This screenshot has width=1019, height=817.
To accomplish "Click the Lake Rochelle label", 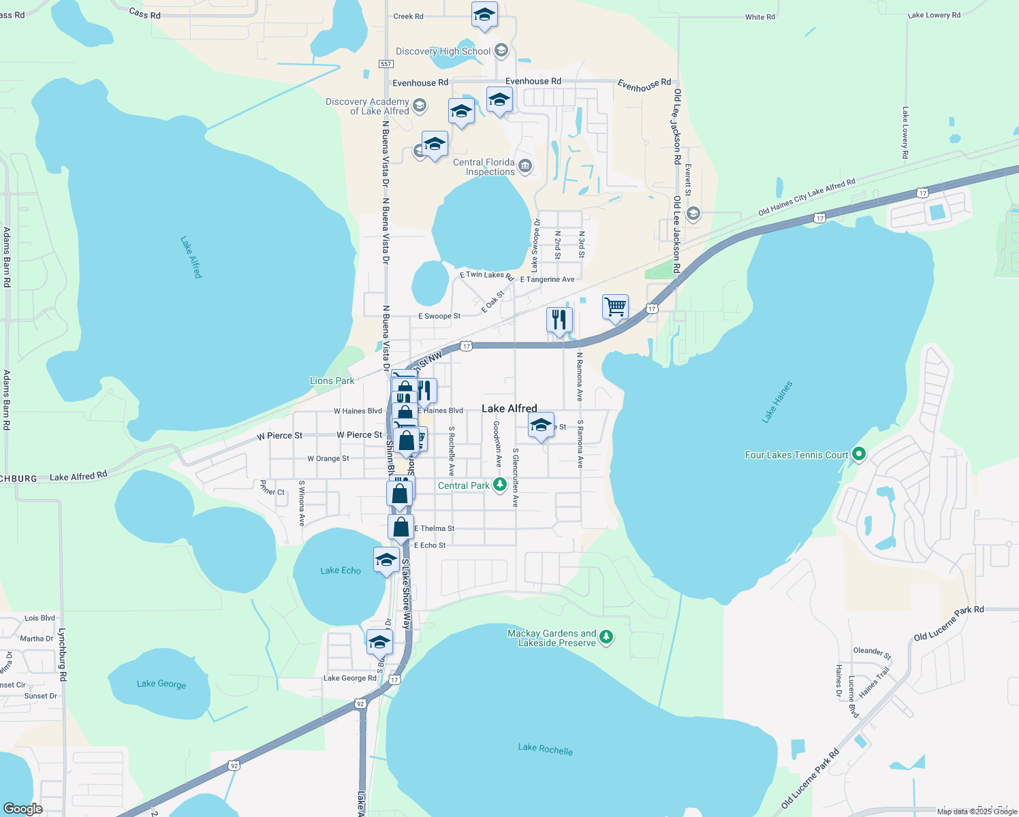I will (x=545, y=749).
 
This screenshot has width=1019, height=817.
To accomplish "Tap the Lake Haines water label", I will (x=777, y=402).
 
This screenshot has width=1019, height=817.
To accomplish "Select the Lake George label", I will (x=161, y=684).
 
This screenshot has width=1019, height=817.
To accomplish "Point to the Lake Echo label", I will (x=341, y=571).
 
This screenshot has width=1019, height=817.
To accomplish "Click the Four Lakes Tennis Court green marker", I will (x=859, y=454).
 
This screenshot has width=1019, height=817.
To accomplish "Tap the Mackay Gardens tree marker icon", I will (x=606, y=637).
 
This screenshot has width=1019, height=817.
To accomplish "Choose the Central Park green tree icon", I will (x=499, y=485).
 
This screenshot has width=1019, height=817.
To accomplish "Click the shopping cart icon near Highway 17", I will (x=615, y=307).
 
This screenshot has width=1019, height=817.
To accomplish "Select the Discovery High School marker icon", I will (x=501, y=50).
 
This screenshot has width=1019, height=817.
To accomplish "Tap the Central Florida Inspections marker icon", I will (x=524, y=166).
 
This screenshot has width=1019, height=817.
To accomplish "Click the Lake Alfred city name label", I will (x=509, y=408).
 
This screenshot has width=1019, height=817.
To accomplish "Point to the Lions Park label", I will (x=332, y=381).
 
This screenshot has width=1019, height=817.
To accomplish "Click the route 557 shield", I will (x=386, y=64).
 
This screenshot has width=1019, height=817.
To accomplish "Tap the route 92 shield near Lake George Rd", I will (x=360, y=703).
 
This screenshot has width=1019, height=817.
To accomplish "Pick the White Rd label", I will (x=759, y=17).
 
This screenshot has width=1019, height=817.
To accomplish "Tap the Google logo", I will (x=23, y=809).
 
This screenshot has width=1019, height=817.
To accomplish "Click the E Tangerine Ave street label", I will (x=547, y=279).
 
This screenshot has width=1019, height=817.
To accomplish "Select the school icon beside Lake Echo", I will (x=386, y=560).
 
